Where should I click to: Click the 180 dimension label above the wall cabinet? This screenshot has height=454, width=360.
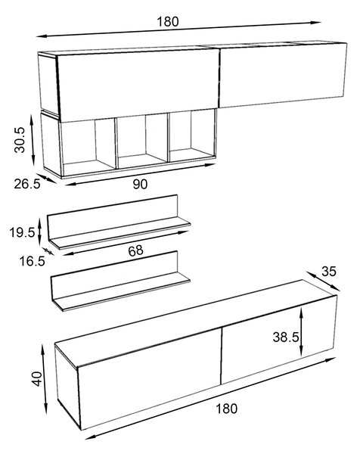[x=168, y=22]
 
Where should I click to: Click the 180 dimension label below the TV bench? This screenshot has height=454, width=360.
[x=227, y=409]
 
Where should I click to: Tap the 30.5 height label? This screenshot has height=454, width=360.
[x=20, y=139]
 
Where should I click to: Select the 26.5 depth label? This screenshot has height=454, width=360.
[x=27, y=184]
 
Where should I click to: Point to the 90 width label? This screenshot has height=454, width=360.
[x=140, y=184]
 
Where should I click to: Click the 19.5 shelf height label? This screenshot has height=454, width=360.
[x=22, y=232]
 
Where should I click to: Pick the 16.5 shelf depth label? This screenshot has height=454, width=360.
[x=32, y=261]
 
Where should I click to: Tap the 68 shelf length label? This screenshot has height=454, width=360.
[x=135, y=250]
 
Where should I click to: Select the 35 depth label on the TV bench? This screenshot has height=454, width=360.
[x=329, y=272]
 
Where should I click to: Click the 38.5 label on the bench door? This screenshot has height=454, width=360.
[x=286, y=337]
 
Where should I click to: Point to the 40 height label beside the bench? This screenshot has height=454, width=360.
[x=37, y=379]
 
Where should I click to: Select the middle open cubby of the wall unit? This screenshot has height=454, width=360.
[x=142, y=141]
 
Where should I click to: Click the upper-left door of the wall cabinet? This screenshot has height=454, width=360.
[x=138, y=85]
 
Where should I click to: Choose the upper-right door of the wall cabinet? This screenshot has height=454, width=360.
[x=283, y=75]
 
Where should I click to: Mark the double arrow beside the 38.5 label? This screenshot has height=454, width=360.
[x=301, y=332]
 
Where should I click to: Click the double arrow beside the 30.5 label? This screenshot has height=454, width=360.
[x=33, y=141]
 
